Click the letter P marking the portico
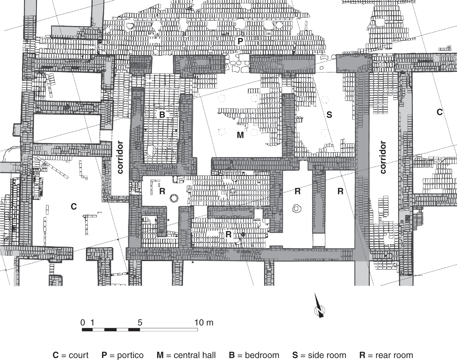[x=240, y=41]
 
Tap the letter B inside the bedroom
[x=162, y=115]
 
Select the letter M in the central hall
[x=240, y=135]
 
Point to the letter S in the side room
[x=329, y=115]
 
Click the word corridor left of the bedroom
[x=120, y=157]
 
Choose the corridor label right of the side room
[x=383, y=157]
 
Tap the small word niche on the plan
[x=257, y=220]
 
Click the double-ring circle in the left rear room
[x=174, y=198]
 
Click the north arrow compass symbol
[x=319, y=309]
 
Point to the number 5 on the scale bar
[x=140, y=323]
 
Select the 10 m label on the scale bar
[x=204, y=323]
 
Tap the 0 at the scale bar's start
[x=83, y=323]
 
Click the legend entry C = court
[x=71, y=355]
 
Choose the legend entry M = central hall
[x=186, y=355]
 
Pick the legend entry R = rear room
[x=386, y=355]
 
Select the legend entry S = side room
[x=319, y=355]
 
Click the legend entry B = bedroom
[x=254, y=355]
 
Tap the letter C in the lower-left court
[x=74, y=207]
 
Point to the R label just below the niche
[x=228, y=234]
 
